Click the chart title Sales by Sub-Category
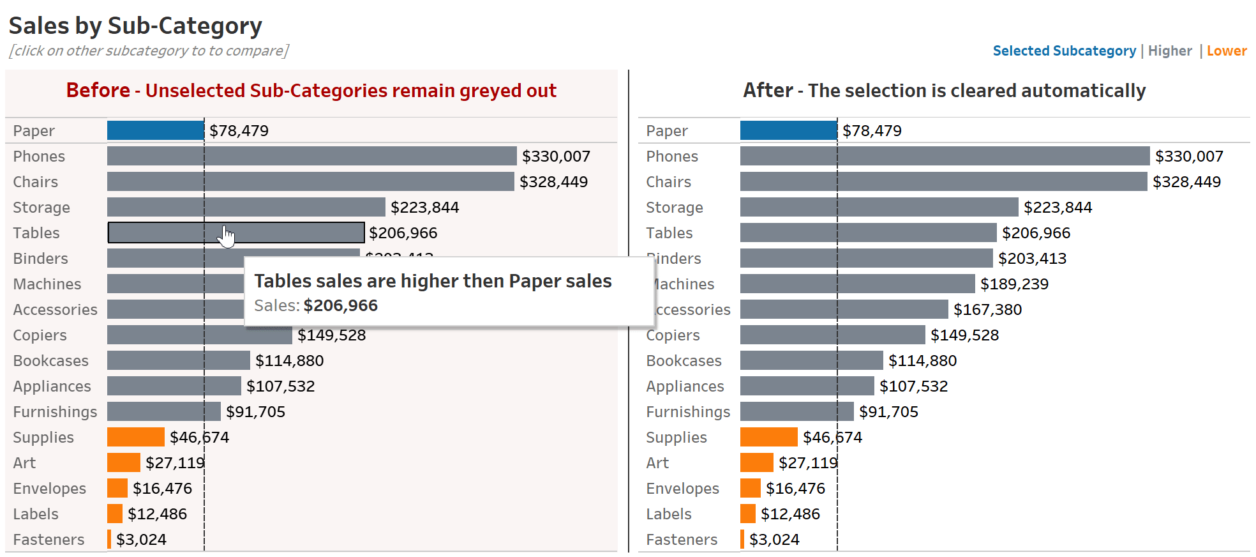tap(135, 26)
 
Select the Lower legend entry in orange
tap(1226, 51)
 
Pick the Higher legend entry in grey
tap(1169, 51)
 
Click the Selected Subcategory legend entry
tap(1064, 51)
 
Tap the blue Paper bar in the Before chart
tap(155, 130)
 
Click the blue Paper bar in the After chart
tap(788, 130)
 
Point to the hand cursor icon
tap(227, 236)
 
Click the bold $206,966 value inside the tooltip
tap(341, 305)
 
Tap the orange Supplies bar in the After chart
tap(768, 437)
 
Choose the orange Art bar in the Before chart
tap(123, 462)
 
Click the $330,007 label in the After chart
tap(1188, 156)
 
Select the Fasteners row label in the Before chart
tap(49, 540)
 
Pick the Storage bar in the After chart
tap(879, 207)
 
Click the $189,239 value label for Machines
tap(1014, 284)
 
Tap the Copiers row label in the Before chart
tap(40, 335)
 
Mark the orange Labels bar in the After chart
tap(747, 514)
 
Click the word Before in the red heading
tap(98, 91)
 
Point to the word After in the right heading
tap(768, 91)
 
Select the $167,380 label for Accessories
tap(987, 310)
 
